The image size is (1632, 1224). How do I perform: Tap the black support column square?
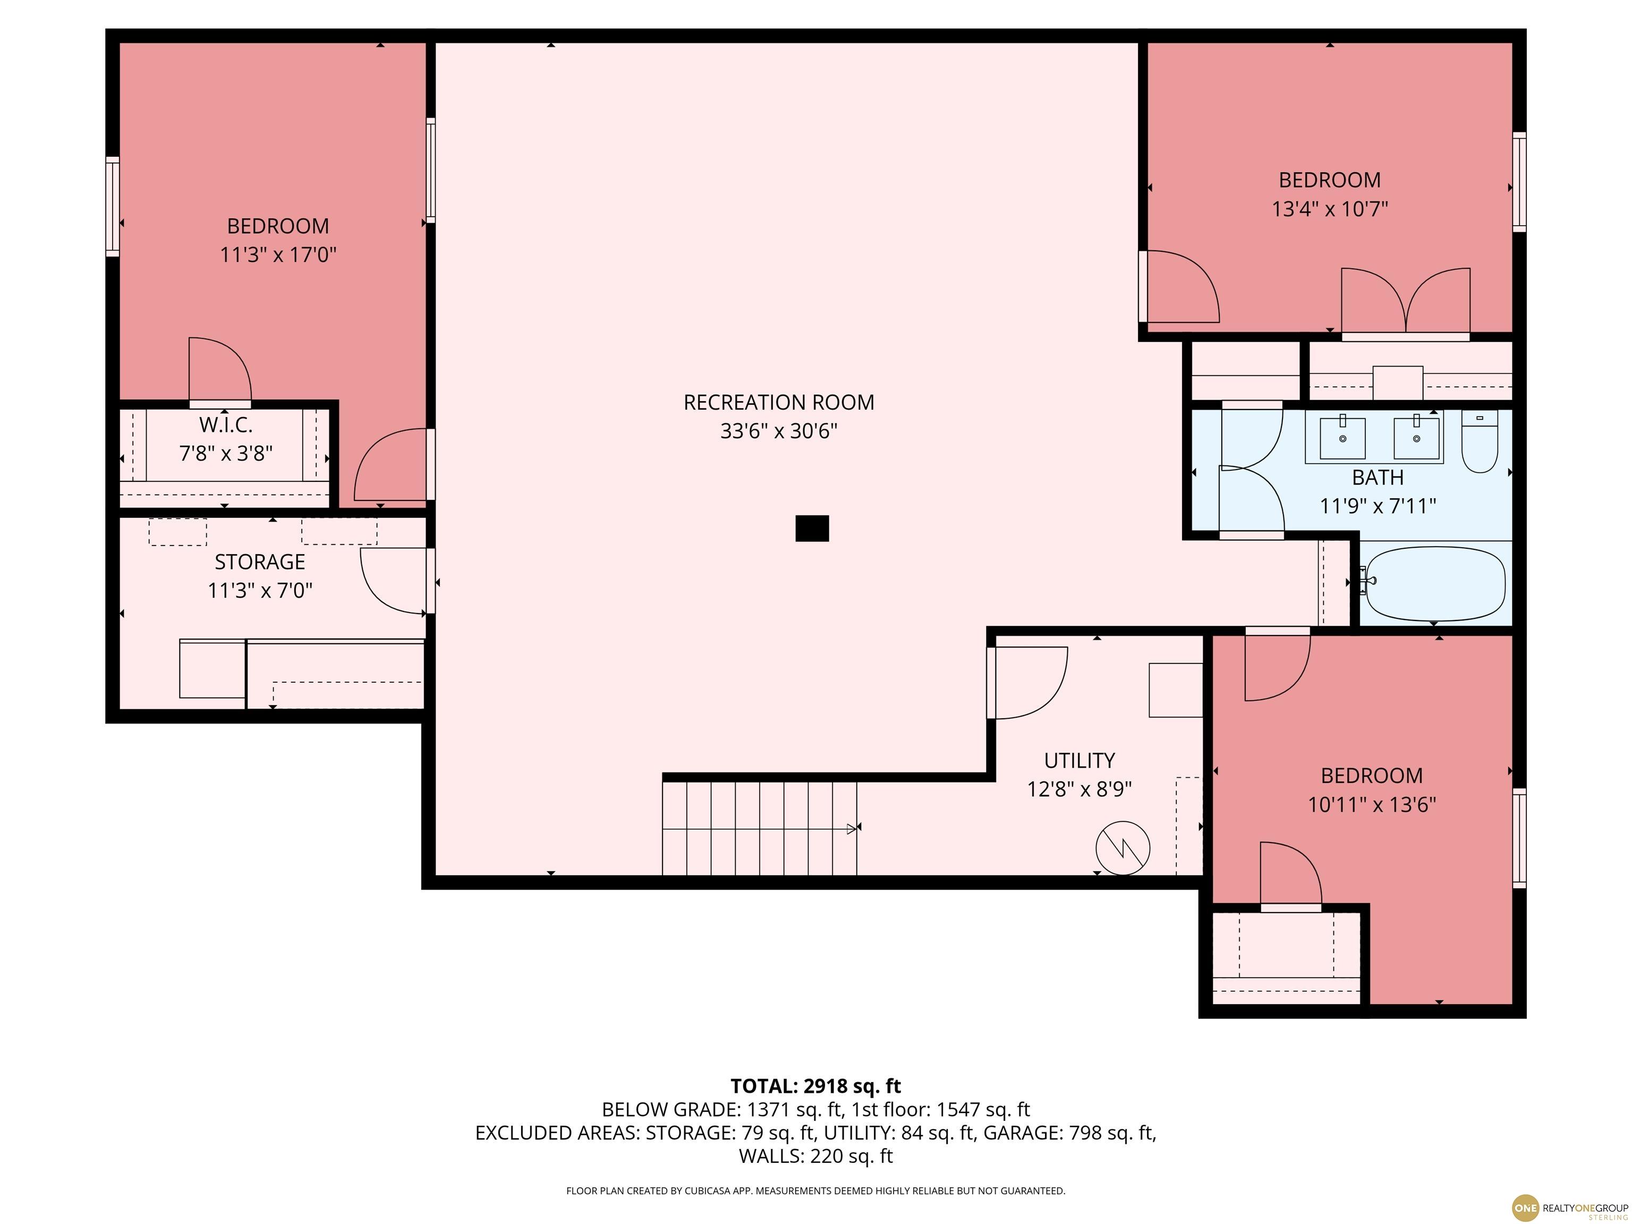pos(812,528)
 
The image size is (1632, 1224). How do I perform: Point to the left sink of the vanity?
pos(1342,438)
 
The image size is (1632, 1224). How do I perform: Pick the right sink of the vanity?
pos(1416,438)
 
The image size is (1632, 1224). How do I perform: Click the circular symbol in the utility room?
pos(1123,848)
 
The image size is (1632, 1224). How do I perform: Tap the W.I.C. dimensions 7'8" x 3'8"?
pos(226,453)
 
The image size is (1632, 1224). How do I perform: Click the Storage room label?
pos(260,562)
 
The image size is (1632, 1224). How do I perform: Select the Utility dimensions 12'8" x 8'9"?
pos(1079,789)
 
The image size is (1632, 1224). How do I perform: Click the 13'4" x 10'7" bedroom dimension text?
pos(1330,209)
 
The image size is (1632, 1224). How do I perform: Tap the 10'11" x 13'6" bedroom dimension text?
pos(1372,805)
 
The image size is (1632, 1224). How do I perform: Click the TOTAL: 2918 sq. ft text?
pos(815,1086)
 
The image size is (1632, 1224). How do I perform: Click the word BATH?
pos(1378,478)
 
